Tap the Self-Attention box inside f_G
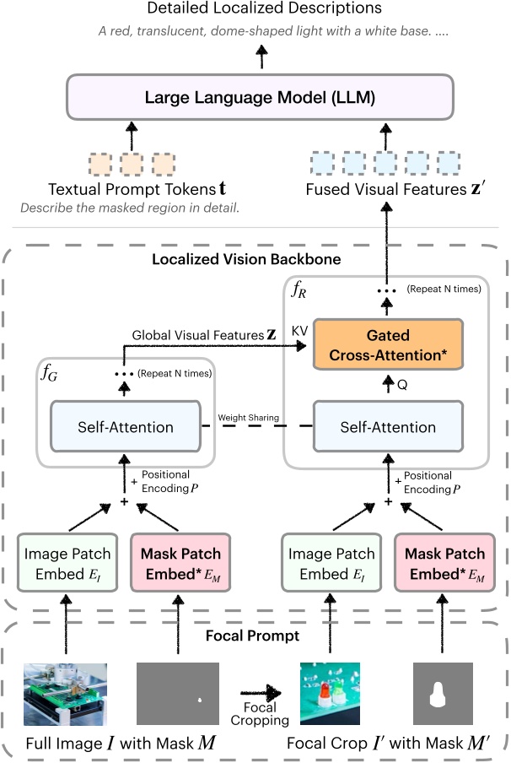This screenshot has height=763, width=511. point(125,427)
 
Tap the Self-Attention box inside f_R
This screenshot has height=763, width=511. point(389,427)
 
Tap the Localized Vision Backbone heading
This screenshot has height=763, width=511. point(246,260)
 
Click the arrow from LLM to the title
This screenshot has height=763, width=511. point(261,56)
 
